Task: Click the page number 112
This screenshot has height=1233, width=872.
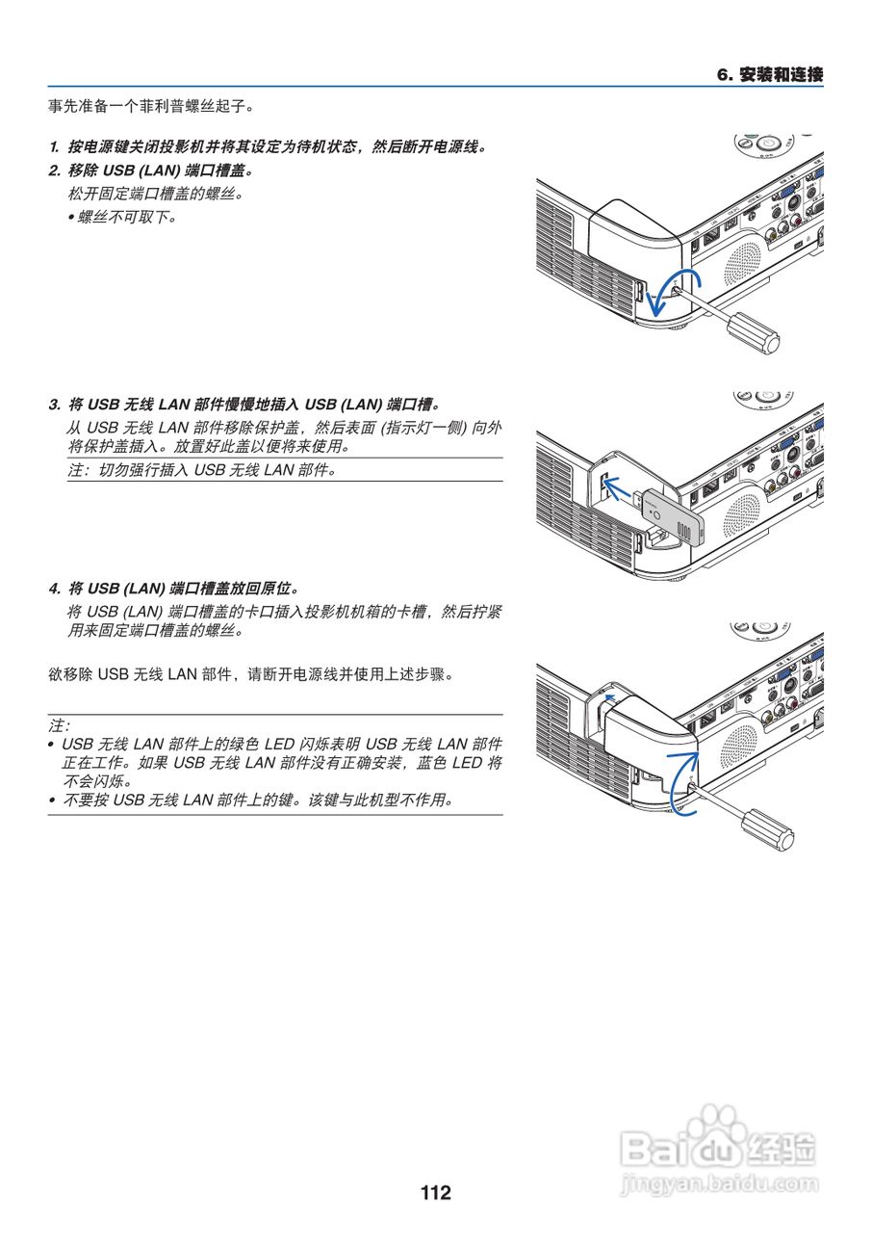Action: pyautogui.click(x=435, y=1193)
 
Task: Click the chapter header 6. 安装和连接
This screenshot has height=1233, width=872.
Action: pyautogui.click(x=770, y=75)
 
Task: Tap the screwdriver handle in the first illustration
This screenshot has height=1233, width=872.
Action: pyautogui.click(x=753, y=331)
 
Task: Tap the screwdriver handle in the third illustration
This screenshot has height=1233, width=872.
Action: pyautogui.click(x=766, y=828)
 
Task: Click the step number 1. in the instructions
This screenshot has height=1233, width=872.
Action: pyautogui.click(x=54, y=147)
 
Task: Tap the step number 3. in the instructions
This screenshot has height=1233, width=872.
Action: pyautogui.click(x=54, y=404)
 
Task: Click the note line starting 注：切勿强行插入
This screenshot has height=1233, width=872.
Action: pyautogui.click(x=202, y=471)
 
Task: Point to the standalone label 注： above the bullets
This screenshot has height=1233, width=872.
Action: pyautogui.click(x=59, y=723)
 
